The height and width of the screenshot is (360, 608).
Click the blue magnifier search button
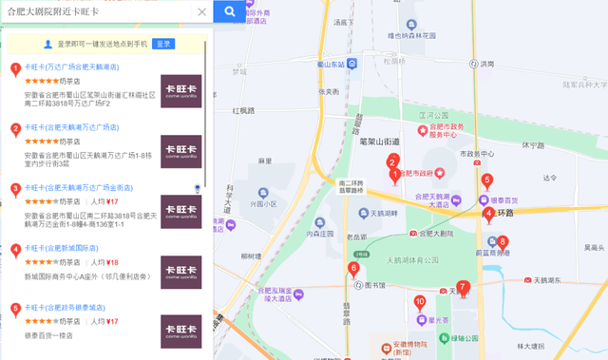coord(230,11)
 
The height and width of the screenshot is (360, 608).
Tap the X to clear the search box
coord(201,12)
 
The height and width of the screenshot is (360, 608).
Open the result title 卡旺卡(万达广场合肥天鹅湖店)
coord(71,67)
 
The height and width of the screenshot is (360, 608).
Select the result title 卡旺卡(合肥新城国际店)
coord(61,248)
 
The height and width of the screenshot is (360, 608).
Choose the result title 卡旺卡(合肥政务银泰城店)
coord(65,308)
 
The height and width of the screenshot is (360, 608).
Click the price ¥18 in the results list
coord(112,262)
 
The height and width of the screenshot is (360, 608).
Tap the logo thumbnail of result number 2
coord(180,151)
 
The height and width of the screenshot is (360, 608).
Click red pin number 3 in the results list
coord(15,189)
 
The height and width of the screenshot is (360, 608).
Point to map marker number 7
coord(463,288)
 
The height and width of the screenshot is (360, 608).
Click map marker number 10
coord(420,303)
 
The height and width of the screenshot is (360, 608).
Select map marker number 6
coord(353,270)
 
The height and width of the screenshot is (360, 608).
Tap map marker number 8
coord(503,242)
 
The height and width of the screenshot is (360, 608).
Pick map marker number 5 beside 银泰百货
coord(487,180)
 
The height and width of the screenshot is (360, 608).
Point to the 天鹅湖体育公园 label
coord(414,258)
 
